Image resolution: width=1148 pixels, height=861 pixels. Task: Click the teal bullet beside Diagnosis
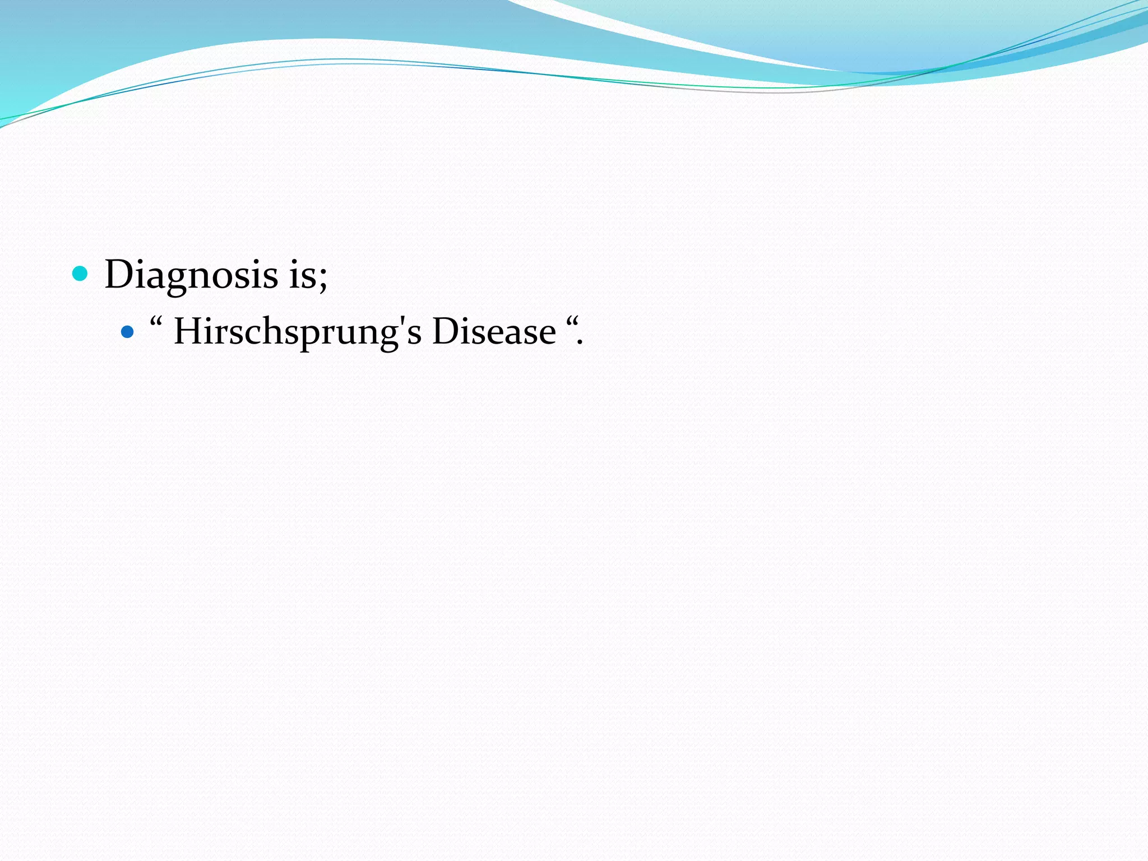81,274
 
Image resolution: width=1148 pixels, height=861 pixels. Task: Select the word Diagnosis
191,275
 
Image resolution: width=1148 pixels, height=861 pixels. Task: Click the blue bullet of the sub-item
128,332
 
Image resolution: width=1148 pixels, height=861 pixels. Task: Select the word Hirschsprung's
297,332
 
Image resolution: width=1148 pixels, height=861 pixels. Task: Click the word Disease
494,331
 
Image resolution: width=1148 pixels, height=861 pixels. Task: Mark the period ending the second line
580,342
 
